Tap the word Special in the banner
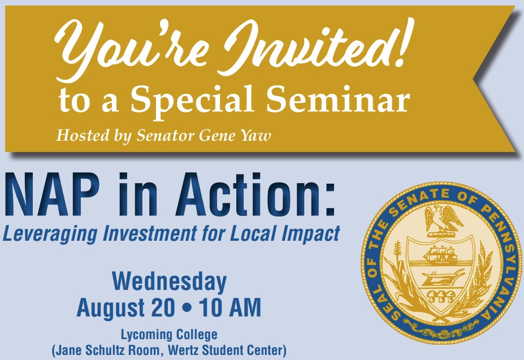[192, 100]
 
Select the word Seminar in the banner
[338, 98]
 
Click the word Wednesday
[170, 281]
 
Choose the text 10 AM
[230, 308]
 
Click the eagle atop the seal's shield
[443, 218]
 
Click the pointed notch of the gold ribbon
[473, 80]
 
